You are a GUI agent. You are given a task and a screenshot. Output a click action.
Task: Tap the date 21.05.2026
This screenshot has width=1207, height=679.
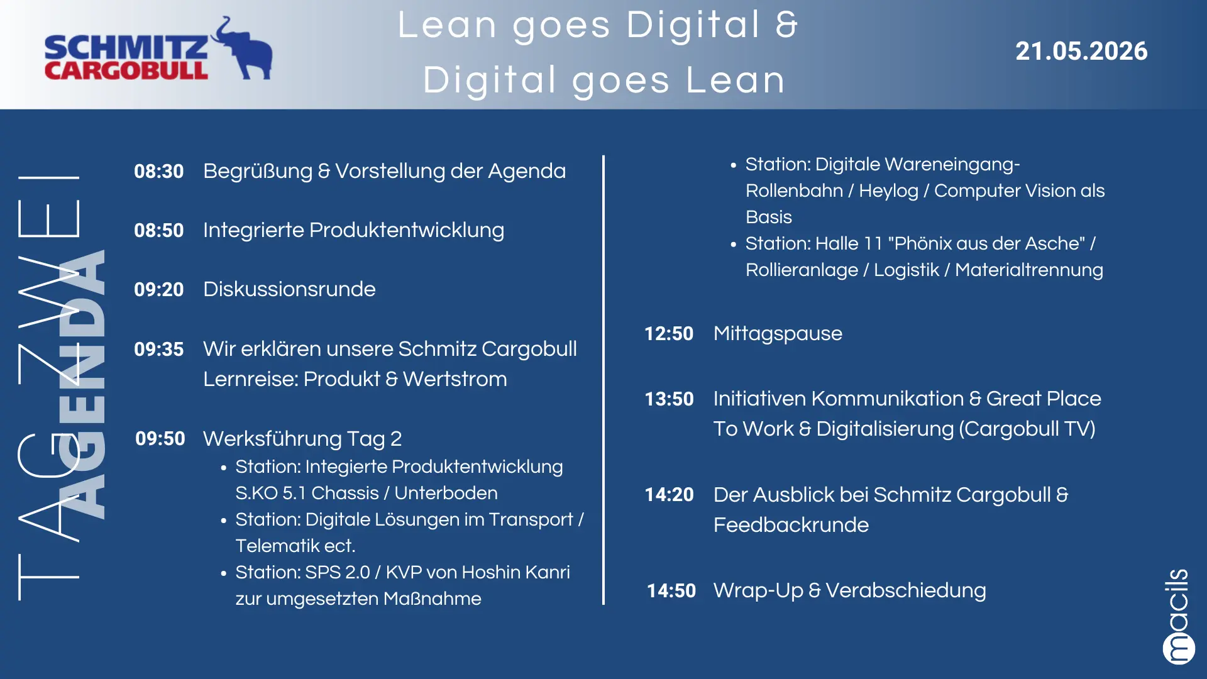point(1081,51)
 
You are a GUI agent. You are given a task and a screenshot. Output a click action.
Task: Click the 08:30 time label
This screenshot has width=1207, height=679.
point(159,171)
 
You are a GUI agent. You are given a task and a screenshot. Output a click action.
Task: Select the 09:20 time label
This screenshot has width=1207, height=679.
point(159,289)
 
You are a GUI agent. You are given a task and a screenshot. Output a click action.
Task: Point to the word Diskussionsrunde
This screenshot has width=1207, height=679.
point(289,289)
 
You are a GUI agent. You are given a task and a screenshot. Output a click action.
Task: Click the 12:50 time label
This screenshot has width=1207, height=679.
point(669,333)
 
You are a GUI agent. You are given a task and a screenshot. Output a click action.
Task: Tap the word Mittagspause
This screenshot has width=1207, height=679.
point(778,334)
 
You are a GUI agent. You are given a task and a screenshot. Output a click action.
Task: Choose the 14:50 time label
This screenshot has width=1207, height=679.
point(671,590)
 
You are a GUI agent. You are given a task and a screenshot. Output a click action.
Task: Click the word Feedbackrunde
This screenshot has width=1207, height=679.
point(791,525)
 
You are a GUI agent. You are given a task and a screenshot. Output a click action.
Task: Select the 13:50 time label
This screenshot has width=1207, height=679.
point(669,399)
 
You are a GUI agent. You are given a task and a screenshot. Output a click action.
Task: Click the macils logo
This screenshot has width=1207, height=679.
point(1178,617)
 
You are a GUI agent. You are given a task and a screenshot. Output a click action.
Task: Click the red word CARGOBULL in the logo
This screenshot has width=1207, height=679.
point(126,70)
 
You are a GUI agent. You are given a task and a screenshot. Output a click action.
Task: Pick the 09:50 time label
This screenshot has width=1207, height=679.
point(160,438)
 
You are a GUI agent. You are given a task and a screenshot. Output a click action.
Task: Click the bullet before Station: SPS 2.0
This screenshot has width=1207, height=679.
point(224,573)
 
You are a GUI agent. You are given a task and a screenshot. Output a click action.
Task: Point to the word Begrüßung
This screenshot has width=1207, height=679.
point(258,172)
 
